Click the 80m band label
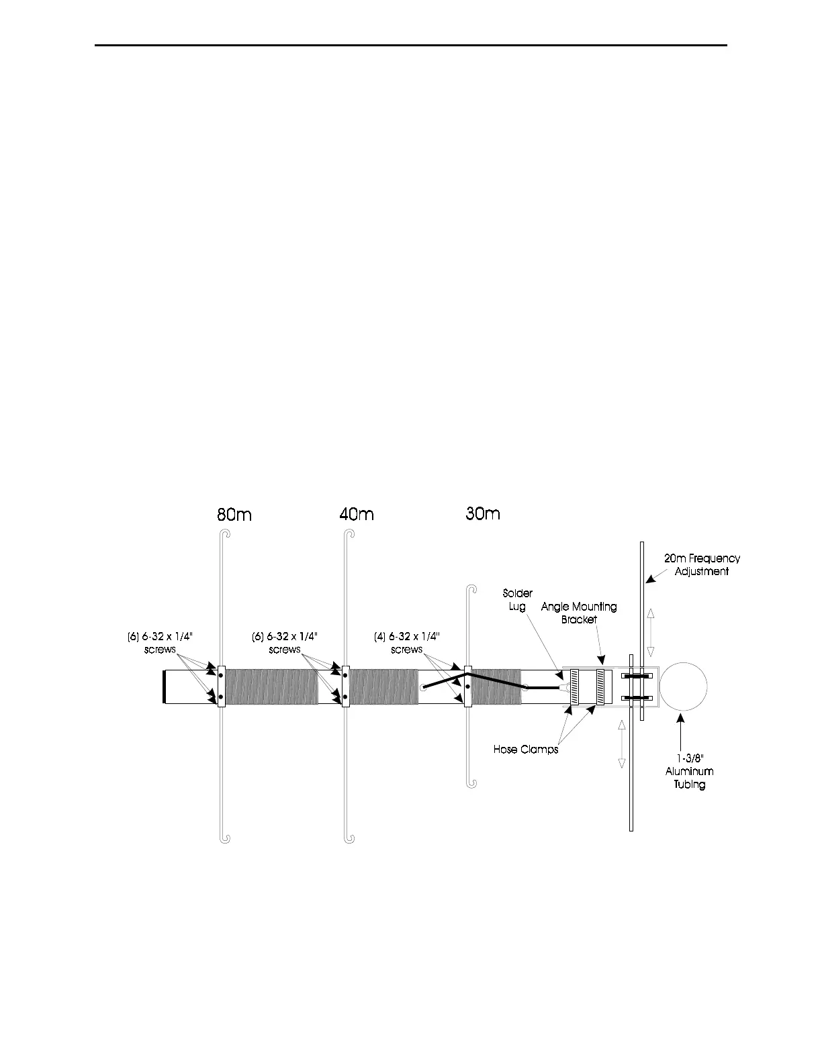click(x=234, y=515)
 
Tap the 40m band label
click(x=356, y=515)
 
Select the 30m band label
click(x=483, y=514)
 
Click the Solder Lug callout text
click(x=517, y=600)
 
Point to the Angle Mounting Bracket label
click(x=579, y=613)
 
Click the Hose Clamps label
click(x=526, y=749)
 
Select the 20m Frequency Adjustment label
click(x=702, y=565)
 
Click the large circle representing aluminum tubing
click(x=683, y=686)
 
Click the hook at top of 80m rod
click(x=226, y=534)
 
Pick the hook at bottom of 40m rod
click(x=350, y=838)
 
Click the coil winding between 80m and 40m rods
click(x=271, y=687)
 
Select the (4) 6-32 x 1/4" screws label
click(x=406, y=643)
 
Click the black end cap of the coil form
click(x=165, y=687)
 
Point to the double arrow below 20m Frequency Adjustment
click(x=650, y=633)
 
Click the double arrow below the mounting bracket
click(x=621, y=744)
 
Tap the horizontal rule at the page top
click(x=411, y=46)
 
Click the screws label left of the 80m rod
click(x=160, y=643)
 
